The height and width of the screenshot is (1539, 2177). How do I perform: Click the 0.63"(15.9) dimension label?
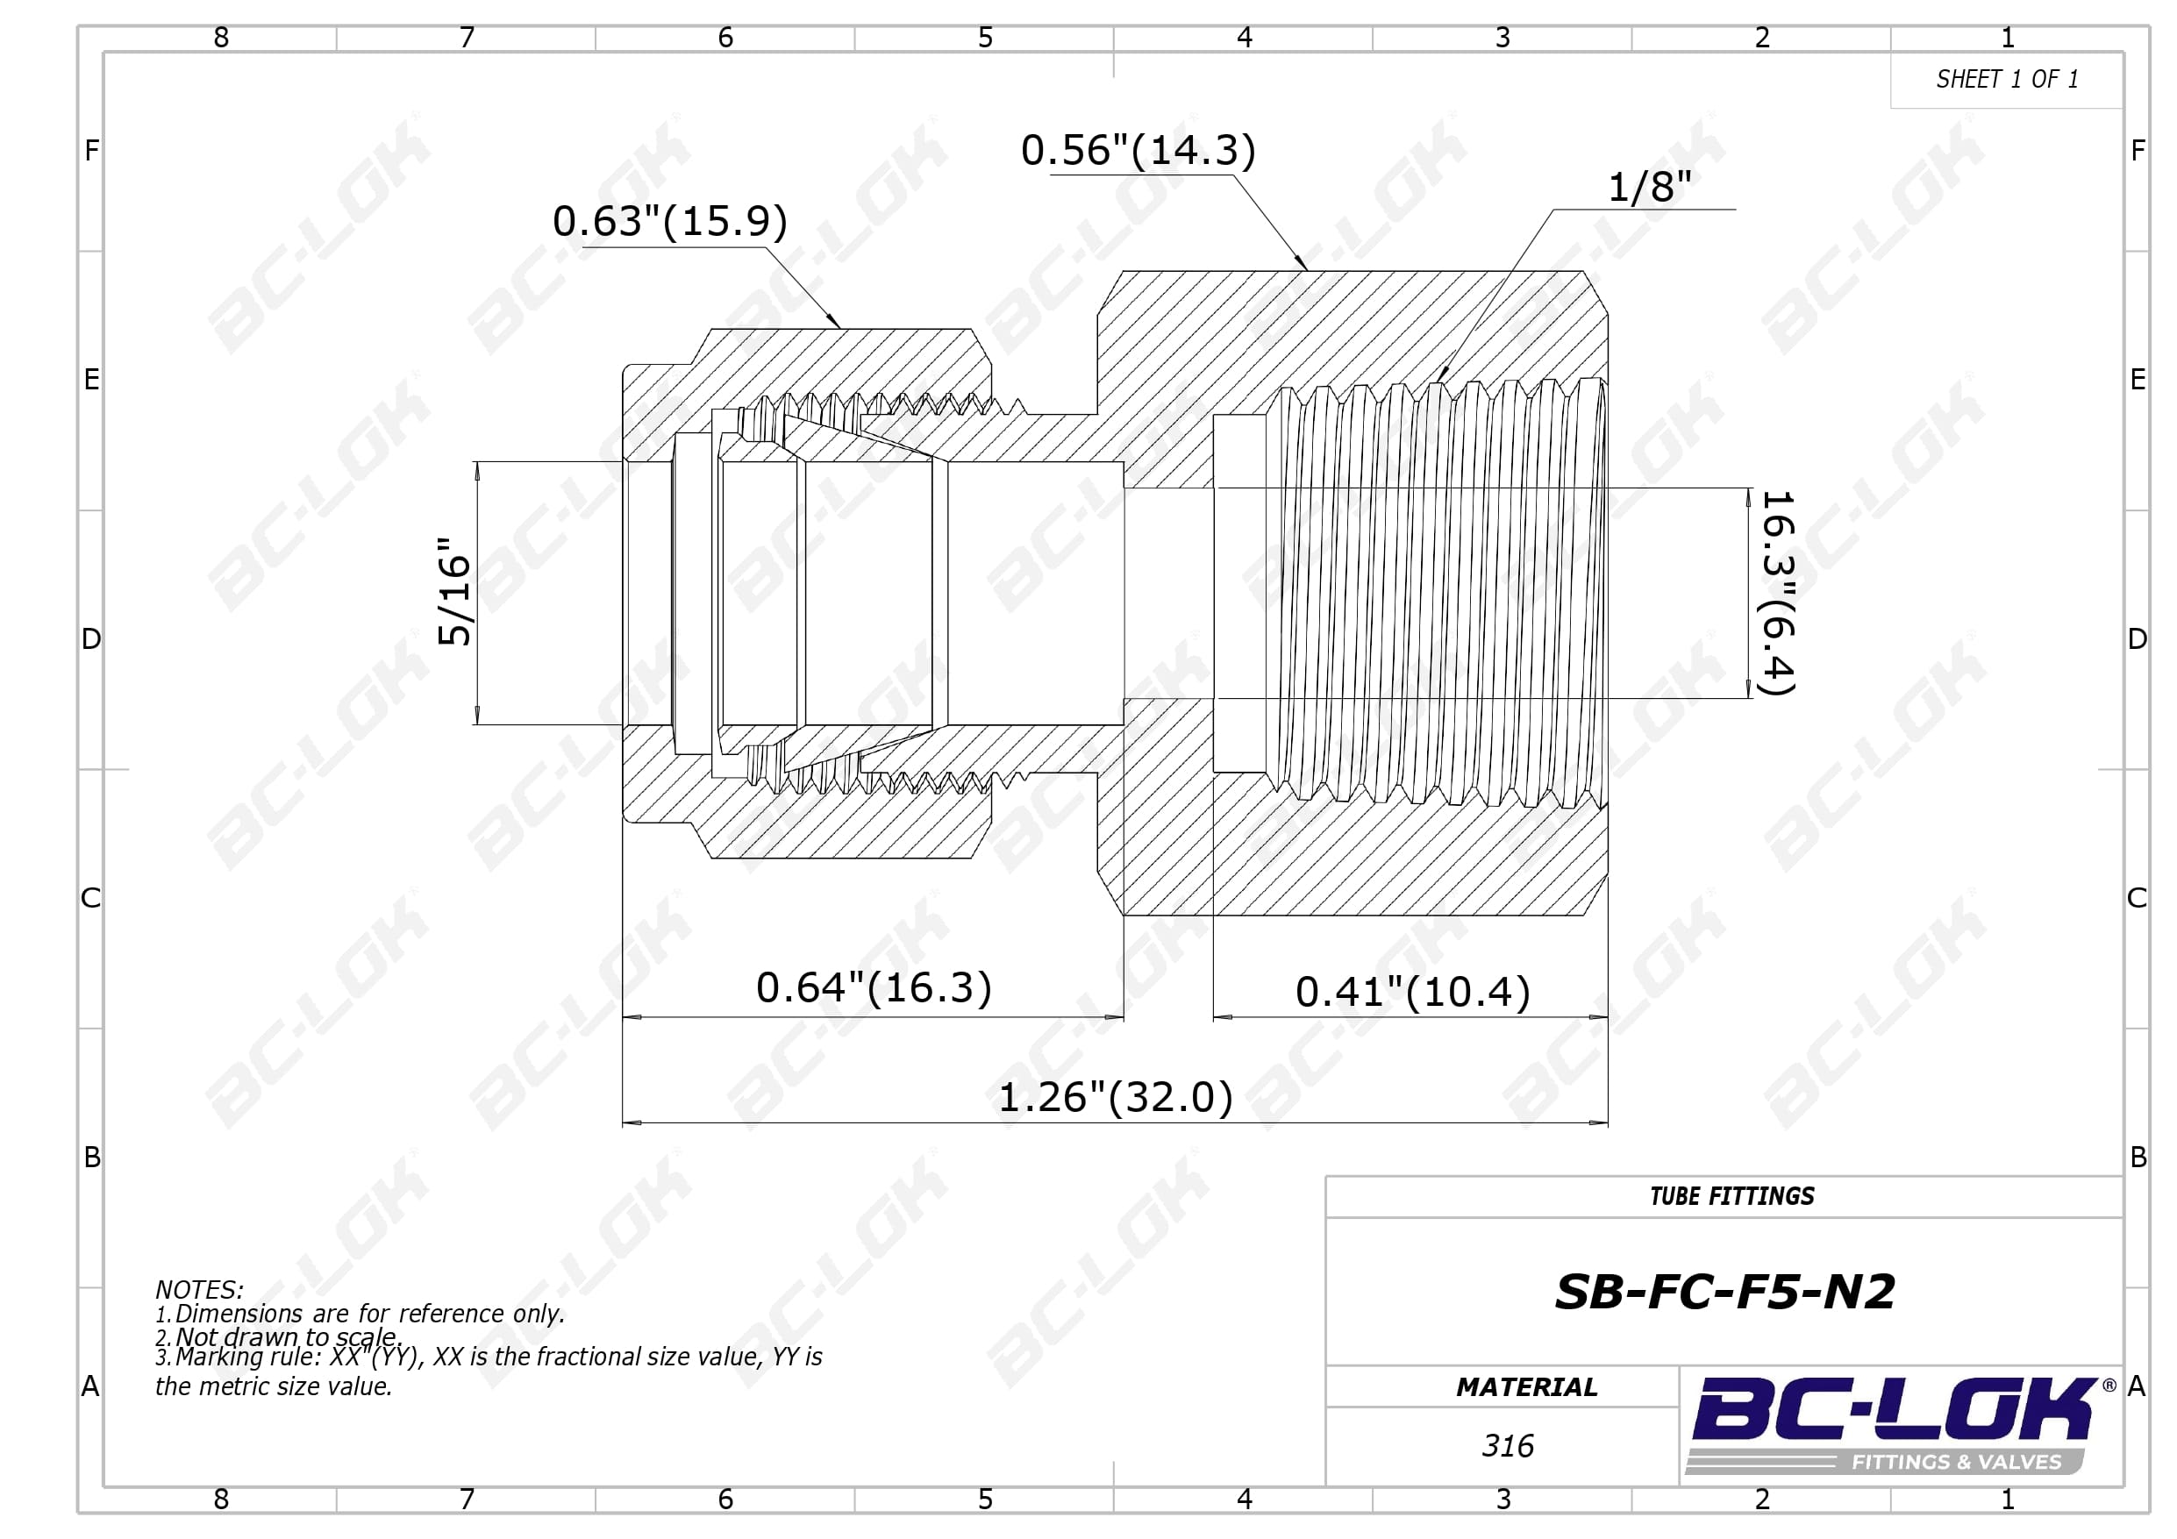(669, 221)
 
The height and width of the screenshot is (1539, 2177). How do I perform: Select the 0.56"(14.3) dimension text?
(1138, 150)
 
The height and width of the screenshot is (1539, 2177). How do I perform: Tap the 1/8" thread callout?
(1649, 187)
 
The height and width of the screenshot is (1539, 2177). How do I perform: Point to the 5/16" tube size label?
(455, 592)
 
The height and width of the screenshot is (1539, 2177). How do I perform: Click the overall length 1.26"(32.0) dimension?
(1115, 1097)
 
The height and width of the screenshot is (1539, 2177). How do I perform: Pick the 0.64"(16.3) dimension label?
(874, 987)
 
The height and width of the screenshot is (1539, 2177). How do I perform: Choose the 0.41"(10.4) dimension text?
(1413, 992)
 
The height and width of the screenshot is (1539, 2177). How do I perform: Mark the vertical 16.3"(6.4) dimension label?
(1777, 593)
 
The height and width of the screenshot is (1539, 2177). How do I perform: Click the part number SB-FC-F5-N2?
(1724, 1292)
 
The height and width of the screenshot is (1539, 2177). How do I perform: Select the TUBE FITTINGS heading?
(1731, 1197)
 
